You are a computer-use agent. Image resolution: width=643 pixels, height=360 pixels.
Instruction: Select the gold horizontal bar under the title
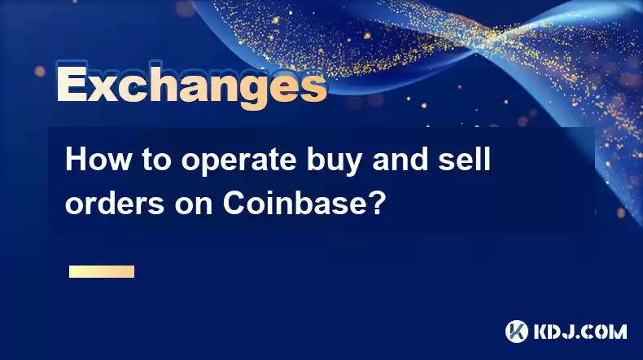click(102, 271)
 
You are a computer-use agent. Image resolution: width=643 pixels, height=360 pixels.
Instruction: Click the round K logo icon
click(517, 331)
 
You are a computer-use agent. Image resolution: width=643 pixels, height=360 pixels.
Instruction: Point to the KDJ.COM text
click(580, 331)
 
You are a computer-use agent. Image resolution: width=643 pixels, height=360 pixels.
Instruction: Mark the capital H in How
click(76, 160)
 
